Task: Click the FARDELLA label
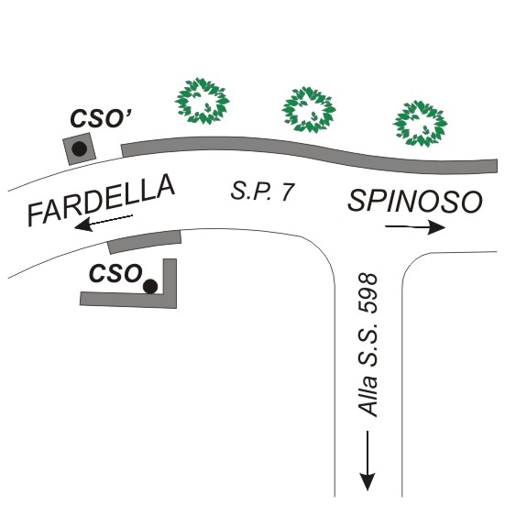click(101, 200)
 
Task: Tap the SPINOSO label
click(415, 202)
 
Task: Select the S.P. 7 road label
click(262, 192)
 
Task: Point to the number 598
click(368, 293)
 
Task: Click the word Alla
click(368, 397)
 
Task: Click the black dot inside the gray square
click(79, 148)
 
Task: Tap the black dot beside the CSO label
click(150, 286)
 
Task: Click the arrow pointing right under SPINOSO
click(415, 227)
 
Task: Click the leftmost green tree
click(202, 101)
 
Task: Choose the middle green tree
click(309, 109)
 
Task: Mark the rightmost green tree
click(420, 124)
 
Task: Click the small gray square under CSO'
click(79, 148)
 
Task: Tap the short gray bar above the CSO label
click(144, 242)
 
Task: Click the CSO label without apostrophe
click(115, 273)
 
